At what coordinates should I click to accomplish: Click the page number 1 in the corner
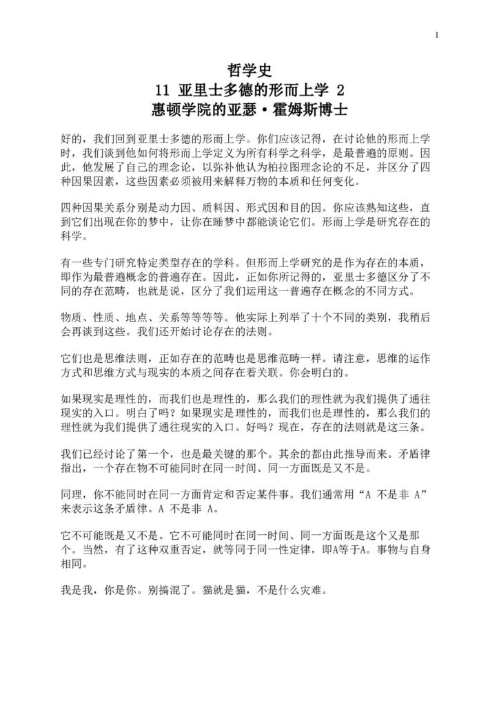(x=437, y=34)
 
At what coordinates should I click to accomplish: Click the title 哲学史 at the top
(x=250, y=70)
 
